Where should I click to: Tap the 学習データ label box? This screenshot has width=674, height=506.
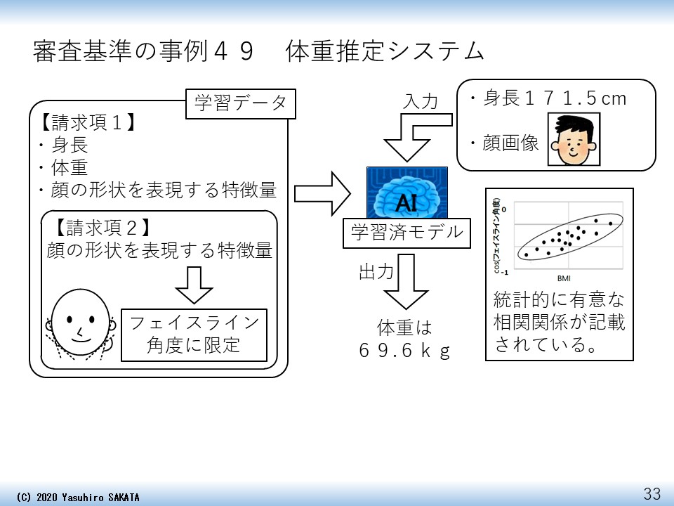(x=240, y=104)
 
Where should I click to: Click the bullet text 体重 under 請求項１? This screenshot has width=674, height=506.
(x=69, y=167)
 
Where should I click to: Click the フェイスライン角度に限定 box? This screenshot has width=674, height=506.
(x=194, y=334)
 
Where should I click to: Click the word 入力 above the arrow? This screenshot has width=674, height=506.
(x=421, y=101)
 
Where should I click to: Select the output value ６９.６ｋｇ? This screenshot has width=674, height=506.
(x=404, y=351)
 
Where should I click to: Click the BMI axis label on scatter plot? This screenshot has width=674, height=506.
(x=564, y=277)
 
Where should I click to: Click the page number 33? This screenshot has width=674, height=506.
(x=652, y=493)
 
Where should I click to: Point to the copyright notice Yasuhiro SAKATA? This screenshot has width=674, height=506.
(x=78, y=498)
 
